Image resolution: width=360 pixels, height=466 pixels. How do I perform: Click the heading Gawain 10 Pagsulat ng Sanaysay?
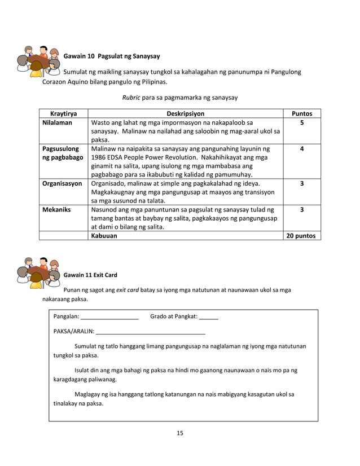point(111,56)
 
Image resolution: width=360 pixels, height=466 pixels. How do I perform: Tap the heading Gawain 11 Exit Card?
point(90,275)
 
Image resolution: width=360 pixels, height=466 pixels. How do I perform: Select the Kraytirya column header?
point(64,113)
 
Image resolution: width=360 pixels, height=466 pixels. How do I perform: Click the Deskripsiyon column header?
point(185,113)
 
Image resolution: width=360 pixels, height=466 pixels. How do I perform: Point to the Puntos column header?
point(301,113)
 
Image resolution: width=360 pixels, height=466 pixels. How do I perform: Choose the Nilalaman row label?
point(57,122)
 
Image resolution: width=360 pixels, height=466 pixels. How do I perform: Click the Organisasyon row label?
point(62,183)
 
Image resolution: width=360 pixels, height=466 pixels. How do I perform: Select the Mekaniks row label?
point(56,209)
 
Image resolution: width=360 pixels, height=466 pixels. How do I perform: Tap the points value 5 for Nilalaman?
point(301,122)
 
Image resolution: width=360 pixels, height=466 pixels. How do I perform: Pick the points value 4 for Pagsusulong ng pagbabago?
point(301,149)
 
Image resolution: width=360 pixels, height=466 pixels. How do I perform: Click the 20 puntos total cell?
point(301,236)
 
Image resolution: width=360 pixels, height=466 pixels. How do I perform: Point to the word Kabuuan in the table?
point(104,236)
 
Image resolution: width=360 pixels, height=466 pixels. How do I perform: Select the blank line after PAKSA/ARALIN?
point(151,332)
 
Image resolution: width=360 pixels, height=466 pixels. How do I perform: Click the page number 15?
point(180,433)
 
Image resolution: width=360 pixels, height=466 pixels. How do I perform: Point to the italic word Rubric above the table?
point(131,98)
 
